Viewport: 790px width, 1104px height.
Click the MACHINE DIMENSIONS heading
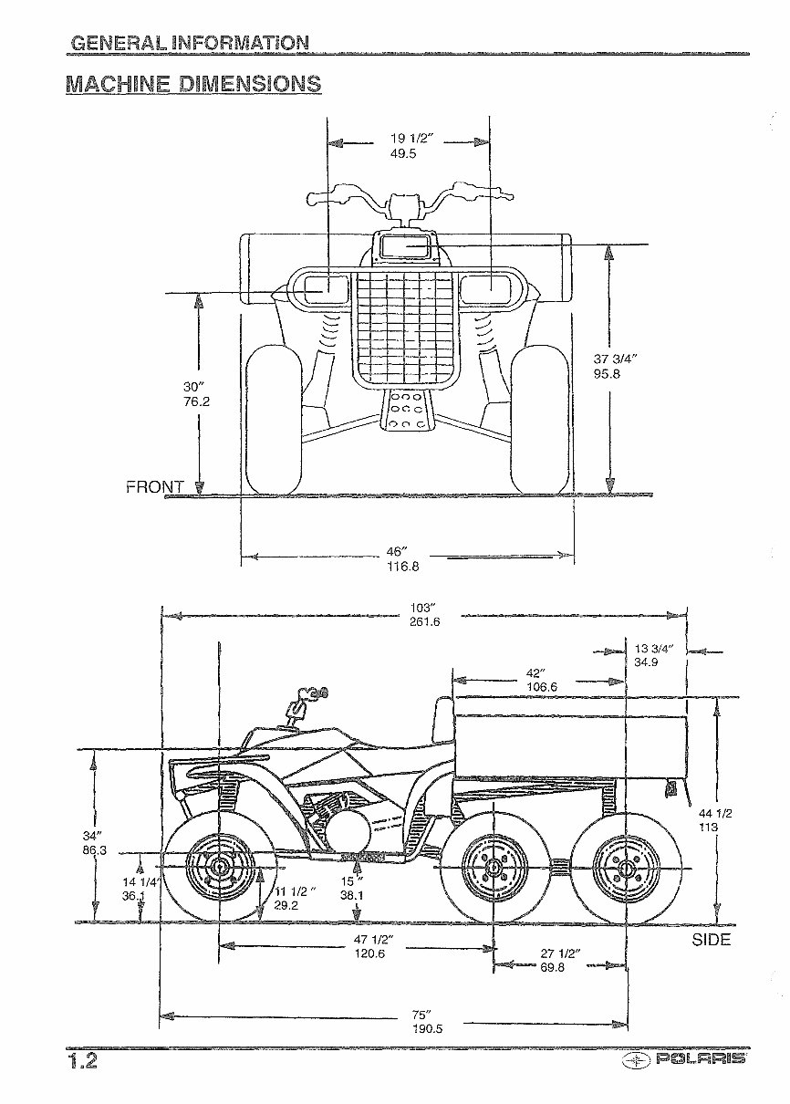(x=193, y=85)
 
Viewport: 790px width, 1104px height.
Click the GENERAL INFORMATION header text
(x=189, y=43)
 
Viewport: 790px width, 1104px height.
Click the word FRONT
(x=154, y=487)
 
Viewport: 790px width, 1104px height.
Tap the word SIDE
(x=712, y=940)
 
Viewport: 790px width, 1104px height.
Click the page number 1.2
(x=83, y=1062)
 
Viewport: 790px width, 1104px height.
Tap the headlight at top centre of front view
(x=405, y=246)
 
